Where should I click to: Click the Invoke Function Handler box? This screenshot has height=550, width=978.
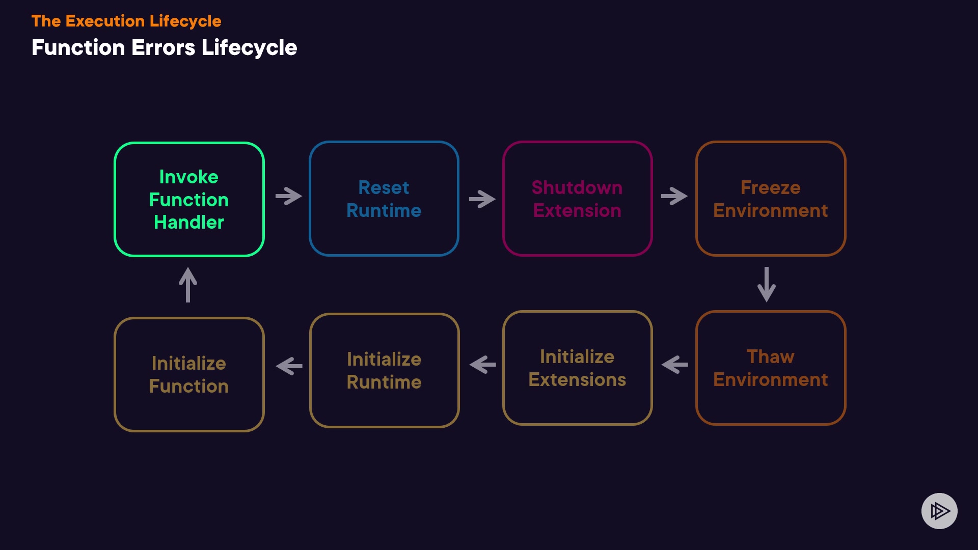(189, 199)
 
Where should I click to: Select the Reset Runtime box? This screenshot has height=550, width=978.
(384, 199)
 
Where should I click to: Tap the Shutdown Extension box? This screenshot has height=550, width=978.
(577, 199)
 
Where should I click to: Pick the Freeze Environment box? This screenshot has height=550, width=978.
(770, 199)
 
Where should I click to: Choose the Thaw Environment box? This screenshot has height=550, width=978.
(770, 368)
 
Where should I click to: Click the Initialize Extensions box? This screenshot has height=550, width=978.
(577, 368)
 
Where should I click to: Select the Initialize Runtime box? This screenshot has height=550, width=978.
(384, 370)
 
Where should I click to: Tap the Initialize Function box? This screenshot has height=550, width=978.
(189, 374)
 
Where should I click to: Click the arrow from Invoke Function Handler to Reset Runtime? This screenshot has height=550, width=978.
(288, 196)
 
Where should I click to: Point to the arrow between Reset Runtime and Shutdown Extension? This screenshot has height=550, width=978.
(482, 199)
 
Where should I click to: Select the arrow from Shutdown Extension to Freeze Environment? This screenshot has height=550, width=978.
(674, 196)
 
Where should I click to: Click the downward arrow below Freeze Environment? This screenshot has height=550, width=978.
(767, 284)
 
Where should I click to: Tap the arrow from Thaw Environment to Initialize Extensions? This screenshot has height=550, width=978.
(674, 365)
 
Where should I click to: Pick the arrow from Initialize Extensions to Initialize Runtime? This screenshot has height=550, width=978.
(482, 365)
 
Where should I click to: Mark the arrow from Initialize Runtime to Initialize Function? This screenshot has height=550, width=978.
(289, 366)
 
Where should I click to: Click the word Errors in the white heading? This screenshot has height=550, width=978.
(163, 48)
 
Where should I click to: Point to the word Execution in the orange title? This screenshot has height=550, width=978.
(105, 21)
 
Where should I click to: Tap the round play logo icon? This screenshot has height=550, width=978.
(939, 511)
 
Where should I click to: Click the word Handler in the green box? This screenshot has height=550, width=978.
(189, 223)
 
